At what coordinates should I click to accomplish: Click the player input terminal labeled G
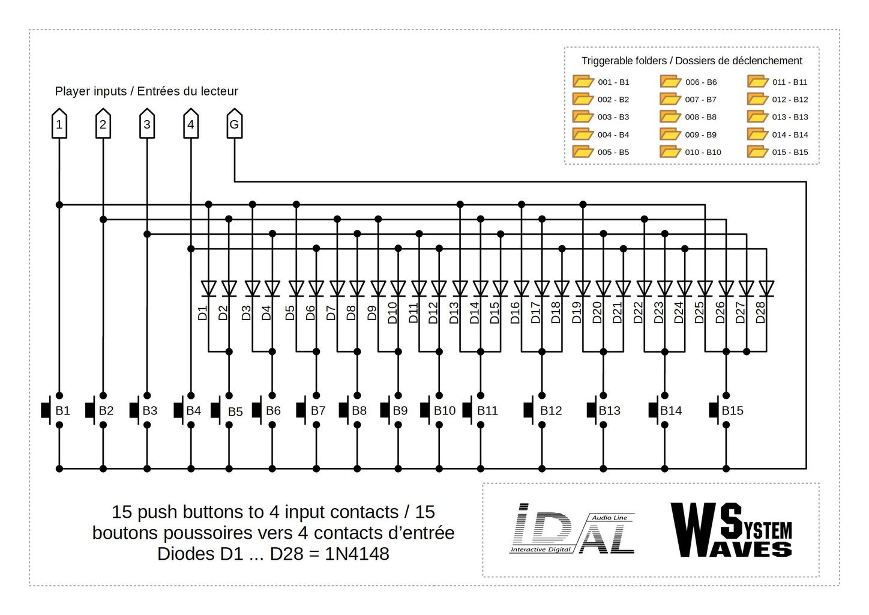coord(234,124)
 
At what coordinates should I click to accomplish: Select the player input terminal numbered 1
coord(59,124)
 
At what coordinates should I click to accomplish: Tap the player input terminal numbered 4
coord(190,124)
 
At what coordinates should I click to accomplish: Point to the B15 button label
coord(732,410)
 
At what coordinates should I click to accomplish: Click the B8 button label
coord(359,410)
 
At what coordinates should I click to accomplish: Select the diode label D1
coord(202,313)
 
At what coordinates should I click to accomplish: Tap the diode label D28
coord(760,312)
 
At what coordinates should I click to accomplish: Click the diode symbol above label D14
coord(480,288)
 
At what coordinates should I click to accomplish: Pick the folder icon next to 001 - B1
coord(583,81)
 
